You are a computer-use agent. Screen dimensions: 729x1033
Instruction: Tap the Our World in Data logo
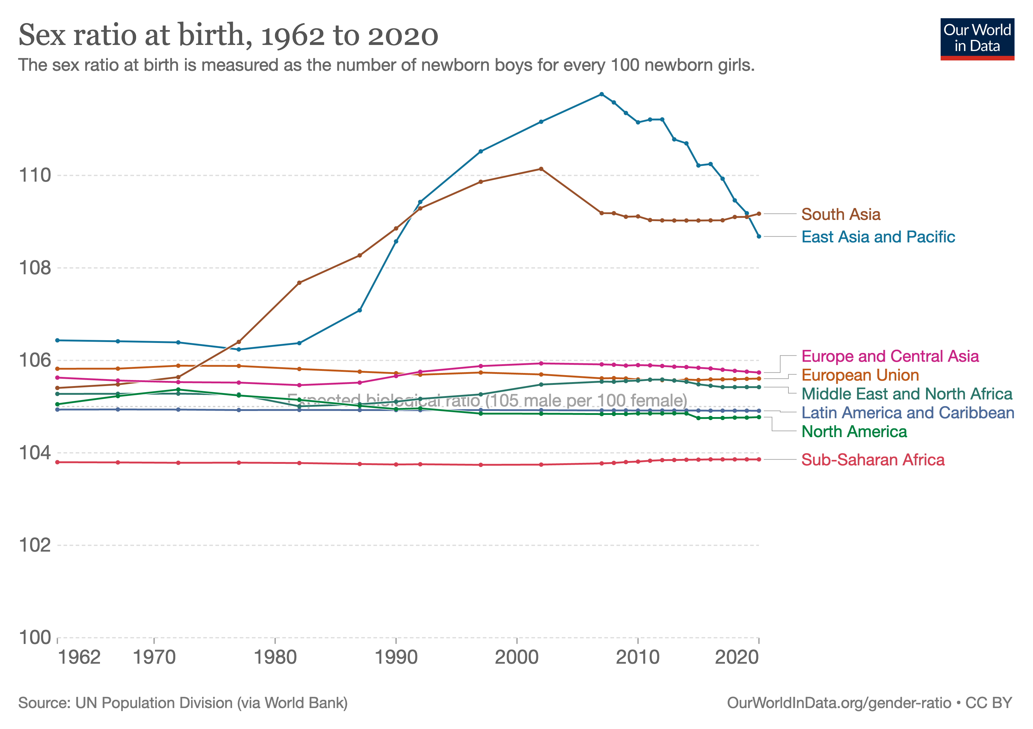pyautogui.click(x=977, y=39)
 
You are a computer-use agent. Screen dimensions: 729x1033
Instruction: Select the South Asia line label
pyautogui.click(x=840, y=214)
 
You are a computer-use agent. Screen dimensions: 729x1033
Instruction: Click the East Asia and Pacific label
pyautogui.click(x=878, y=237)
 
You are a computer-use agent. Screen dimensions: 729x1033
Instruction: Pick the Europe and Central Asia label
pyautogui.click(x=890, y=356)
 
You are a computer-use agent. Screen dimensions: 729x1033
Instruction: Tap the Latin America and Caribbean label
pyautogui.click(x=908, y=413)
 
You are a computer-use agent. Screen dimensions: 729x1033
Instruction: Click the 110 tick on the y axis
pyautogui.click(x=35, y=175)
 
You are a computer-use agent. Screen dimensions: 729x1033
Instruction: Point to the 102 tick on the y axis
pyautogui.click(x=35, y=545)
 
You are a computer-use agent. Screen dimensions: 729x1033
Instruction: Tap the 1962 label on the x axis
pyautogui.click(x=79, y=658)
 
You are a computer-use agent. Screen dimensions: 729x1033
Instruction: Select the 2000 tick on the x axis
pyautogui.click(x=516, y=658)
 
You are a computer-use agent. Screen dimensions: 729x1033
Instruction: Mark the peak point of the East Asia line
pyautogui.click(x=602, y=94)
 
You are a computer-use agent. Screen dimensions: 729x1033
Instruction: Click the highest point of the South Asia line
pyautogui.click(x=541, y=169)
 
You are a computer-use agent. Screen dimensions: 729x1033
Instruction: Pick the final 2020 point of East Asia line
pyautogui.click(x=759, y=236)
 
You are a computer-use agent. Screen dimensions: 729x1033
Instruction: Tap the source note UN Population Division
pyautogui.click(x=183, y=703)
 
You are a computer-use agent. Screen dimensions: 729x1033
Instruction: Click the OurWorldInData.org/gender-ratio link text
pyautogui.click(x=839, y=703)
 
